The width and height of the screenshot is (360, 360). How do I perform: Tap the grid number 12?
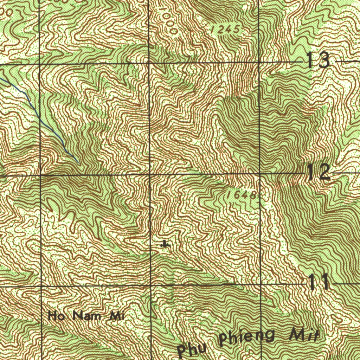coord(319,172)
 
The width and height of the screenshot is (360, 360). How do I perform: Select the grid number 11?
coord(319,282)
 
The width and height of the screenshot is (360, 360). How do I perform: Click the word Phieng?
coord(246,337)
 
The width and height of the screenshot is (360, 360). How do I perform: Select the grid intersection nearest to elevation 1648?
coord(260,173)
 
